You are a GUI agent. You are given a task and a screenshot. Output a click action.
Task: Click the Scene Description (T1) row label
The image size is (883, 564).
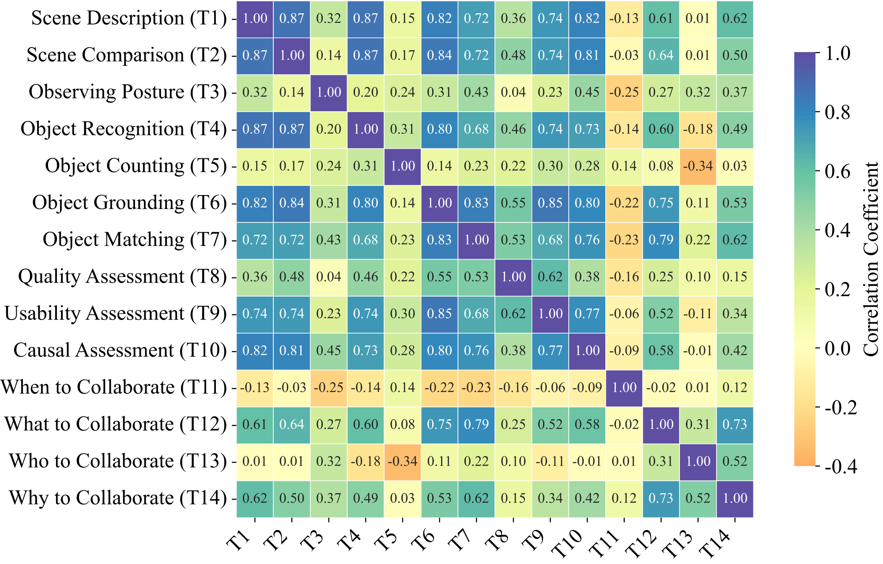pos(128,19)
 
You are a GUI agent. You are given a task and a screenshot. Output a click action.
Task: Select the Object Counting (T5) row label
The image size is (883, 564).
pos(136,166)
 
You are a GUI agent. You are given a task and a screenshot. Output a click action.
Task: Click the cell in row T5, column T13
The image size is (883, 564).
pos(698,166)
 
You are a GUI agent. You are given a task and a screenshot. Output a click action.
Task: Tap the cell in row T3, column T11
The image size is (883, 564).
pos(624,92)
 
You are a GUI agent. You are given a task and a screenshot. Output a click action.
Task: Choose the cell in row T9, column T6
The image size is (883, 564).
pos(440,314)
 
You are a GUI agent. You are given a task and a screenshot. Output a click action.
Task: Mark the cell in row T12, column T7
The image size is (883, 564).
pos(476,425)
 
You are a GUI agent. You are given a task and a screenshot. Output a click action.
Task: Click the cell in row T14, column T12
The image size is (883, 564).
pos(661,498)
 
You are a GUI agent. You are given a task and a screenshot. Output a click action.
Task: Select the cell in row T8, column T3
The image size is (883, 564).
pos(329,277)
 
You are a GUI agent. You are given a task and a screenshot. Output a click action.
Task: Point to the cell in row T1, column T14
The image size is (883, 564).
pos(735,19)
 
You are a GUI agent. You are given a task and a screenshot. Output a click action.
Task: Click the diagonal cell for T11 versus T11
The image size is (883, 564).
pos(624,387)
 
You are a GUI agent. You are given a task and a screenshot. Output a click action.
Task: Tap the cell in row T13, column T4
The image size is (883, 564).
pos(366,461)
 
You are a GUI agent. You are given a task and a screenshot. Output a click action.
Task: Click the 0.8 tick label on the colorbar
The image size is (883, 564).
pos(837,113)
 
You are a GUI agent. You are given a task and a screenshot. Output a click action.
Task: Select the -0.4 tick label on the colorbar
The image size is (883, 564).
pos(841,466)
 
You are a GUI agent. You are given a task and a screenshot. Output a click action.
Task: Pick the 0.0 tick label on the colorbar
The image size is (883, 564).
pos(837,349)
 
